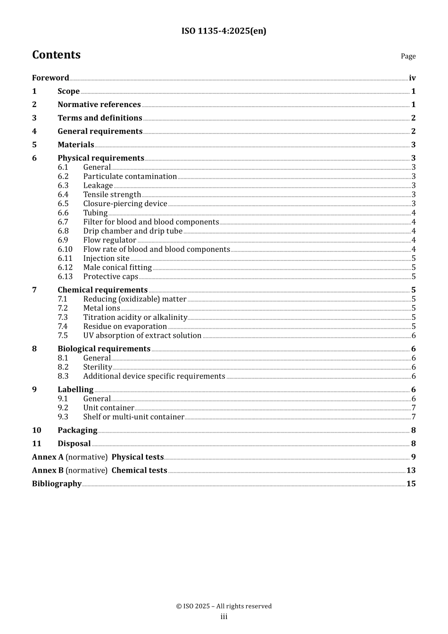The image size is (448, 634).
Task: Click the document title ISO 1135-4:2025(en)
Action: tap(224, 31)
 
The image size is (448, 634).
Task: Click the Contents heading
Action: tap(56, 55)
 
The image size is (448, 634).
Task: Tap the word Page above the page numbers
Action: tap(408, 56)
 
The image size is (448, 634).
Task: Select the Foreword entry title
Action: tap(50, 78)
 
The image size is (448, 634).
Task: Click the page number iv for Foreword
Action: tap(412, 78)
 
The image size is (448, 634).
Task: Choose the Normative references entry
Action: tap(99, 105)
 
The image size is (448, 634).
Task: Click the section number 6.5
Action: tap(63, 204)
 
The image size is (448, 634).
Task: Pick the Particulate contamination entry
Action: tap(130, 176)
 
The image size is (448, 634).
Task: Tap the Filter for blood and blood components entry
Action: tap(151, 222)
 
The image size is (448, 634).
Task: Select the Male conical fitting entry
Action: tap(117, 267)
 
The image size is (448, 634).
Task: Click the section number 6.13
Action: tap(65, 276)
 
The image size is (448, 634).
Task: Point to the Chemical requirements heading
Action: tap(102, 290)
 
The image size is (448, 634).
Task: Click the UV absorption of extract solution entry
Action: tap(142, 335)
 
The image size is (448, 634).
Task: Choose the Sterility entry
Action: tap(98, 367)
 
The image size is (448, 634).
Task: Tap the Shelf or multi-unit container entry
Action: tap(133, 417)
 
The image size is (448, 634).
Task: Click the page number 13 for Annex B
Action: tap(411, 470)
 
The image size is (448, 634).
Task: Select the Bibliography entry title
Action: tap(57, 484)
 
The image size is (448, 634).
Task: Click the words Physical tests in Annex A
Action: tap(137, 457)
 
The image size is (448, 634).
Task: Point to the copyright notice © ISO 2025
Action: tap(224, 606)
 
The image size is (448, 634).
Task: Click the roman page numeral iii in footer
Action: tap(224, 617)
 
